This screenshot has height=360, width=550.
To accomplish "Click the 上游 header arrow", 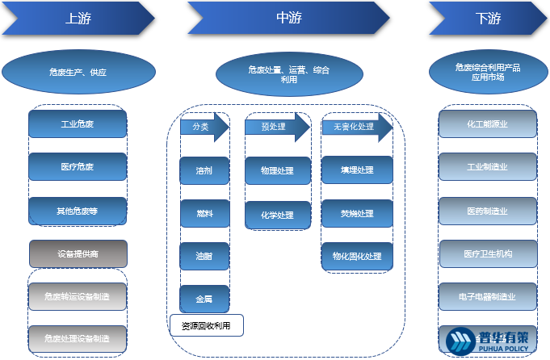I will (78, 19).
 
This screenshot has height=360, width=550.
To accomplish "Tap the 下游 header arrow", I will (487, 19).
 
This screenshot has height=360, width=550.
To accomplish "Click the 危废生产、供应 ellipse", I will (78, 73).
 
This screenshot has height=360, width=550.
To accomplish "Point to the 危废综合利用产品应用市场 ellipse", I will (487, 73).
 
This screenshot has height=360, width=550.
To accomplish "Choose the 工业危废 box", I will (78, 124).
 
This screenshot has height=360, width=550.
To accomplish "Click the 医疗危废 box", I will (78, 167).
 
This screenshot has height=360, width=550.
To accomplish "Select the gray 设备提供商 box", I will (78, 253).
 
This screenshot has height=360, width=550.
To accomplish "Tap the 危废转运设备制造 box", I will (78, 296).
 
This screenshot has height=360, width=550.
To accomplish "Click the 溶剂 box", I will (204, 171).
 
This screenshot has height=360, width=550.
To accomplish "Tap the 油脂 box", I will (204, 256).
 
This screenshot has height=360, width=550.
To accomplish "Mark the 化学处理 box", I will (277, 216).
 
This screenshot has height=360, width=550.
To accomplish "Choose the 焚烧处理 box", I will (357, 214).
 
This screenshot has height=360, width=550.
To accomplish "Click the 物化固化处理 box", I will (357, 257).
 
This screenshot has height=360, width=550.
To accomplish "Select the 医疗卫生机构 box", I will (488, 253).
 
